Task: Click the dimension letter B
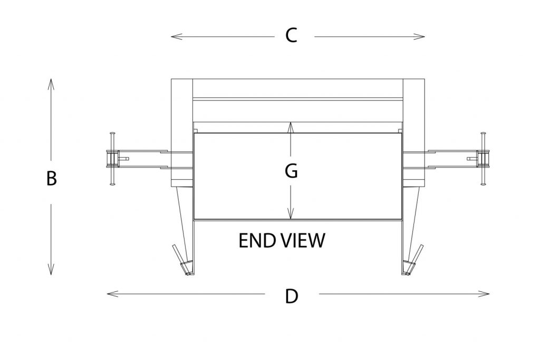click(51, 179)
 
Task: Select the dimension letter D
click(292, 296)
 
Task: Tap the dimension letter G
click(291, 171)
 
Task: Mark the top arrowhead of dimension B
click(51, 82)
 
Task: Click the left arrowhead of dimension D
click(110, 294)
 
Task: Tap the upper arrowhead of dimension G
click(290, 125)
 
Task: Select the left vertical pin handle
click(112, 159)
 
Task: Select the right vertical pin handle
click(482, 159)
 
